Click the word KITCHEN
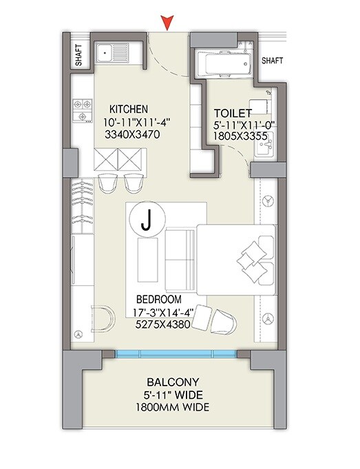129,109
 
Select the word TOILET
232,112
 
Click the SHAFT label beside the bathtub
273,61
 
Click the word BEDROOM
158,300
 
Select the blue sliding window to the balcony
176,353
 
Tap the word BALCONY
173,382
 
